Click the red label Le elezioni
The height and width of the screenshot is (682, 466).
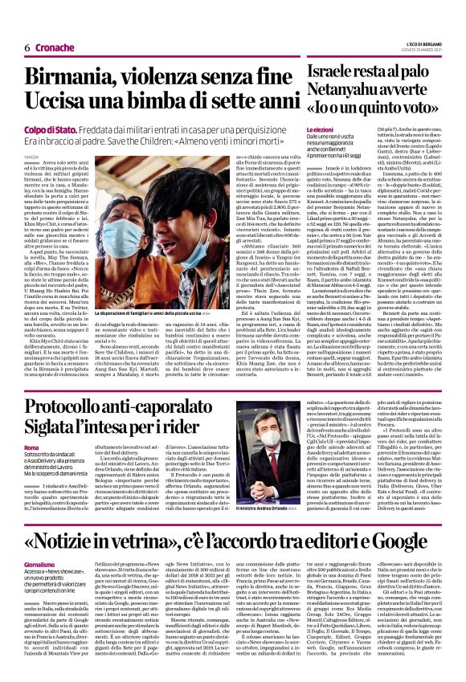pos(320,129)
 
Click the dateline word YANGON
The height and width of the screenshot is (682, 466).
pos(31,157)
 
